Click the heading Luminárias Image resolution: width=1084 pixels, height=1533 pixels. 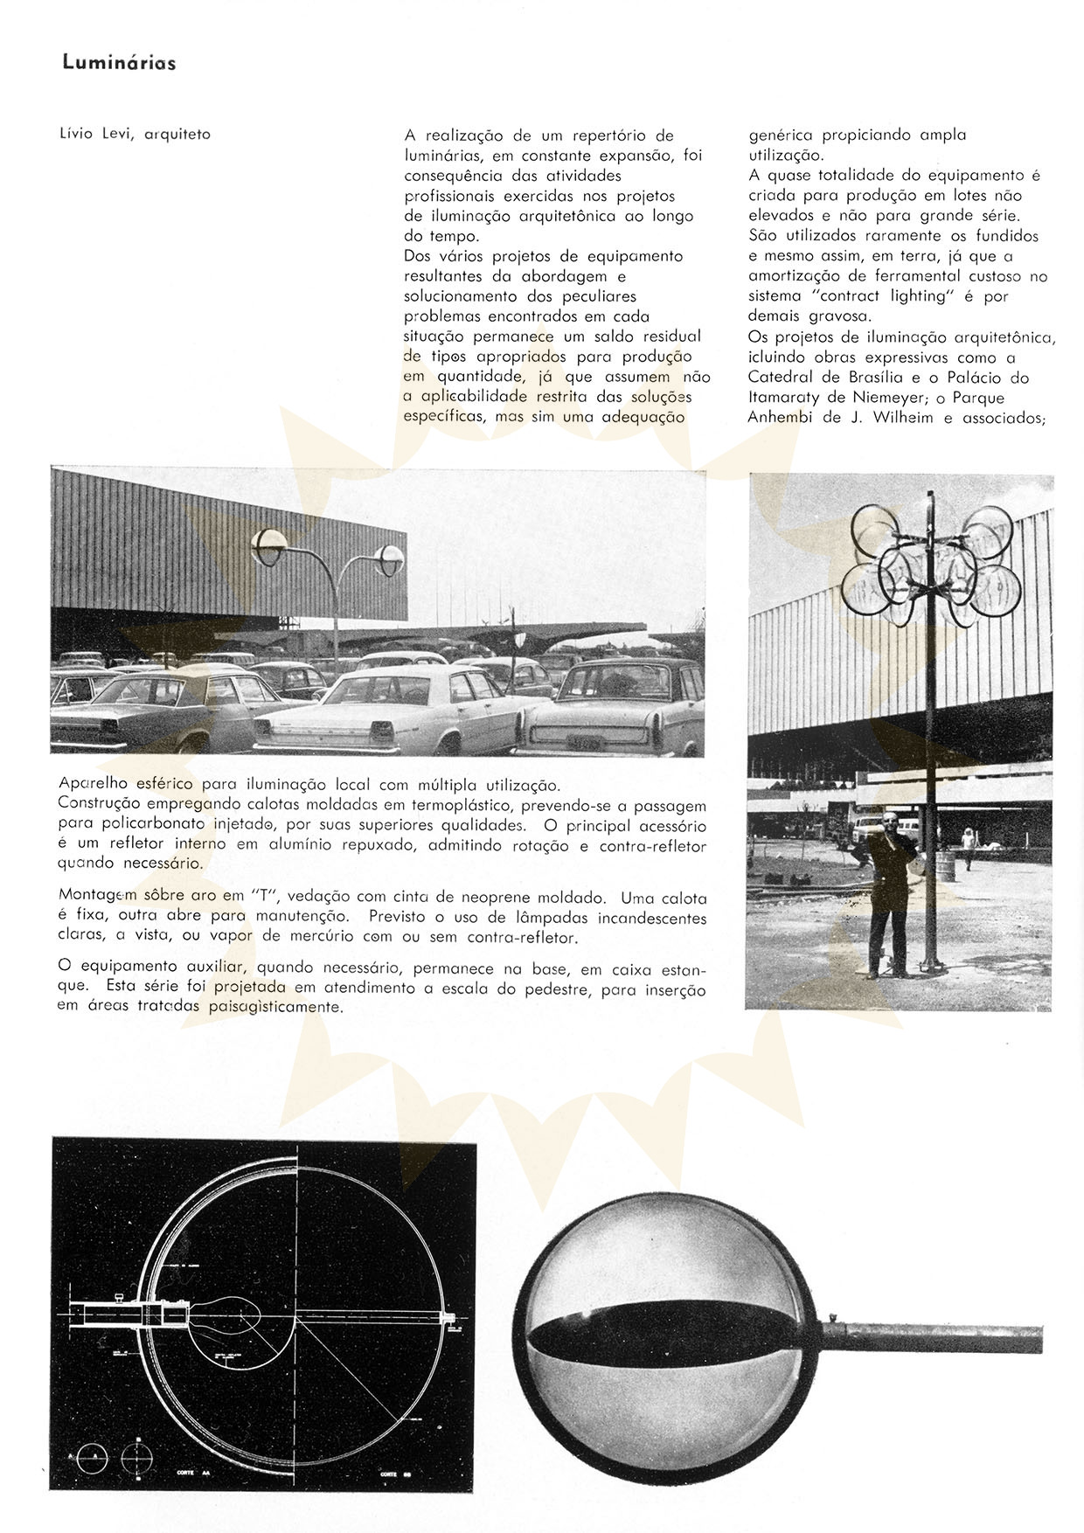coord(119,64)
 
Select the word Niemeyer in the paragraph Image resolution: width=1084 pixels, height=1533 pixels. coord(893,398)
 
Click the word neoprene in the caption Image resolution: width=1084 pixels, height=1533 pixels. coord(543,898)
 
